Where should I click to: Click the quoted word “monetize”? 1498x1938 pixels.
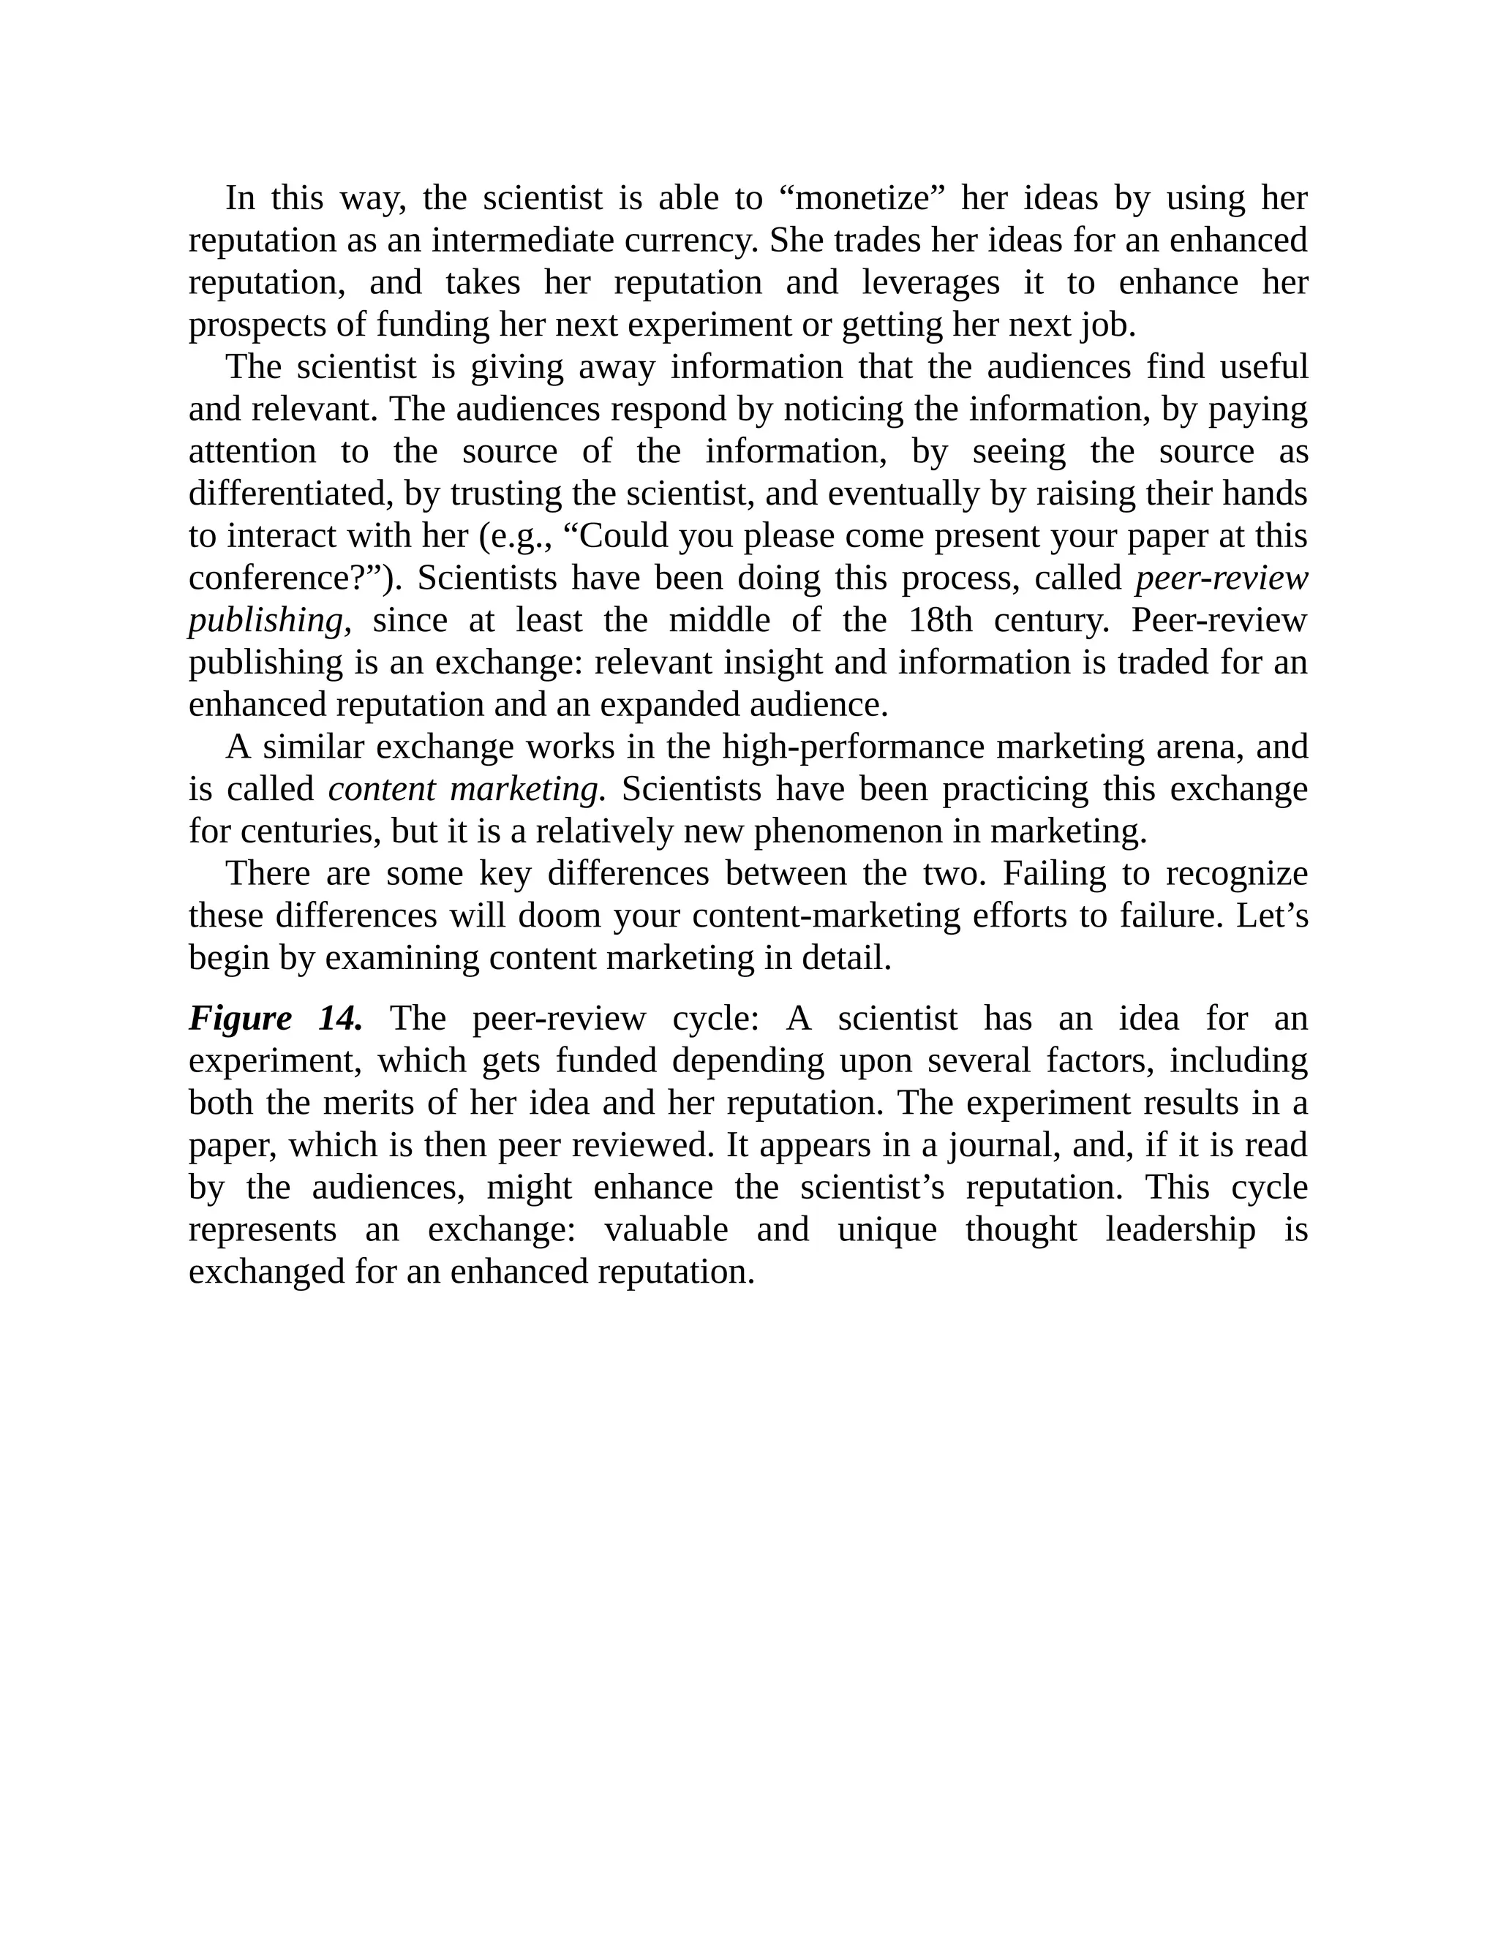(x=864, y=198)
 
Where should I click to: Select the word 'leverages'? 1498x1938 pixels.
(x=930, y=283)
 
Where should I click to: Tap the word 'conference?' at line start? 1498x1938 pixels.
(x=290, y=578)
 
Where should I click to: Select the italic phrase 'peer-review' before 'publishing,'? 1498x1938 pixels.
(x=1221, y=578)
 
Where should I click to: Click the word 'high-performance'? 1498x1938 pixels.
(x=853, y=748)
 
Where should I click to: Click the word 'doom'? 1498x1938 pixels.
(x=559, y=916)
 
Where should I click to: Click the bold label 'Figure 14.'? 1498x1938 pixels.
(x=276, y=1019)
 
